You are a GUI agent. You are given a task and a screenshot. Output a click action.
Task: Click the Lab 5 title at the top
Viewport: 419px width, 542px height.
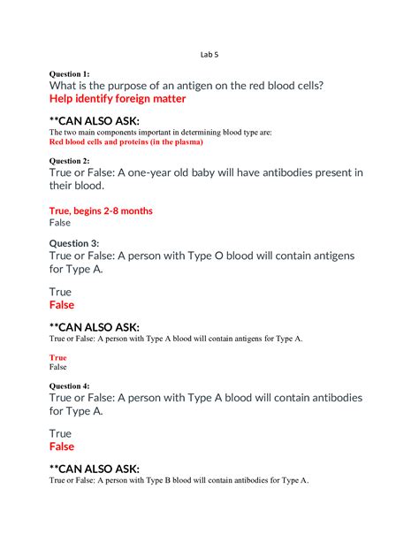209,55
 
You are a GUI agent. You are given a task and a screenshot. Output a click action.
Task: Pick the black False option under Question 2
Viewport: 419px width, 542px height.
58,223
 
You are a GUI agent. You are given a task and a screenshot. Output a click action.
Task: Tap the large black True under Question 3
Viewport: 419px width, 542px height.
60,291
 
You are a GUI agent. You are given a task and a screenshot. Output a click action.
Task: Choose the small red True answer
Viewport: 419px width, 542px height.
57,357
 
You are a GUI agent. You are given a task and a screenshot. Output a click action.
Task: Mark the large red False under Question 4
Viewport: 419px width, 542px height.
62,447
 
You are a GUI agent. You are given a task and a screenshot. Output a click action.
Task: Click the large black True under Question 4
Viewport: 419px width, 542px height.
60,434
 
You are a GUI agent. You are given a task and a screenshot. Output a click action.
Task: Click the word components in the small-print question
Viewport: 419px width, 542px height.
124,132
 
